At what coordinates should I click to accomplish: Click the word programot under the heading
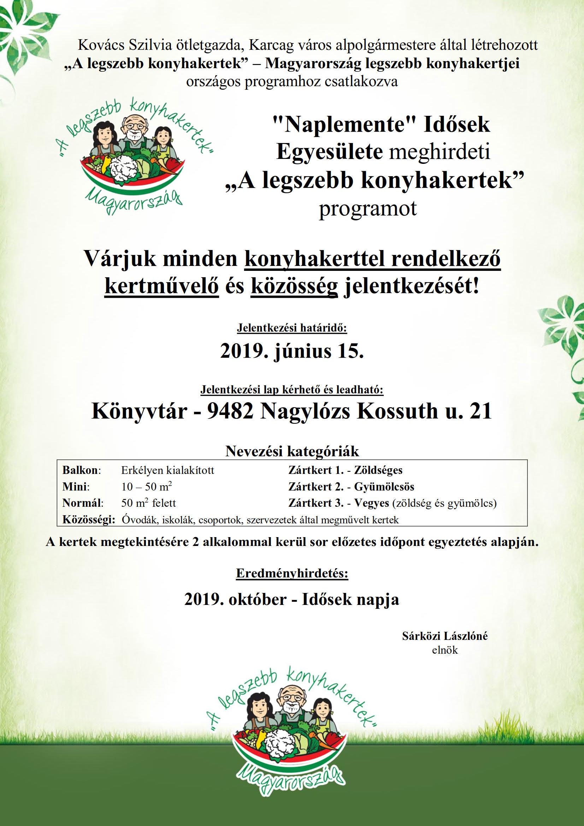[367, 209]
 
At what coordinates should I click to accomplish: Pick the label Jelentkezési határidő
[292, 328]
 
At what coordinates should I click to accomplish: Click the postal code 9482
[230, 411]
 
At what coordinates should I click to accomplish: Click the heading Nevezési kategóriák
[292, 451]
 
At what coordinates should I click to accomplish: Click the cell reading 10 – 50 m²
[147, 487]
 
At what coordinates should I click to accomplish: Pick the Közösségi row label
[89, 519]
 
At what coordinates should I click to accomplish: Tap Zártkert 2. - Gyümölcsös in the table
[351, 487]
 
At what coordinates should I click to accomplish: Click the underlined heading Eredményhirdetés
[292, 573]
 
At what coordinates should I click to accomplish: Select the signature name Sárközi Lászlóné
[445, 636]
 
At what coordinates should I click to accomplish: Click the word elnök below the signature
[445, 650]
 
